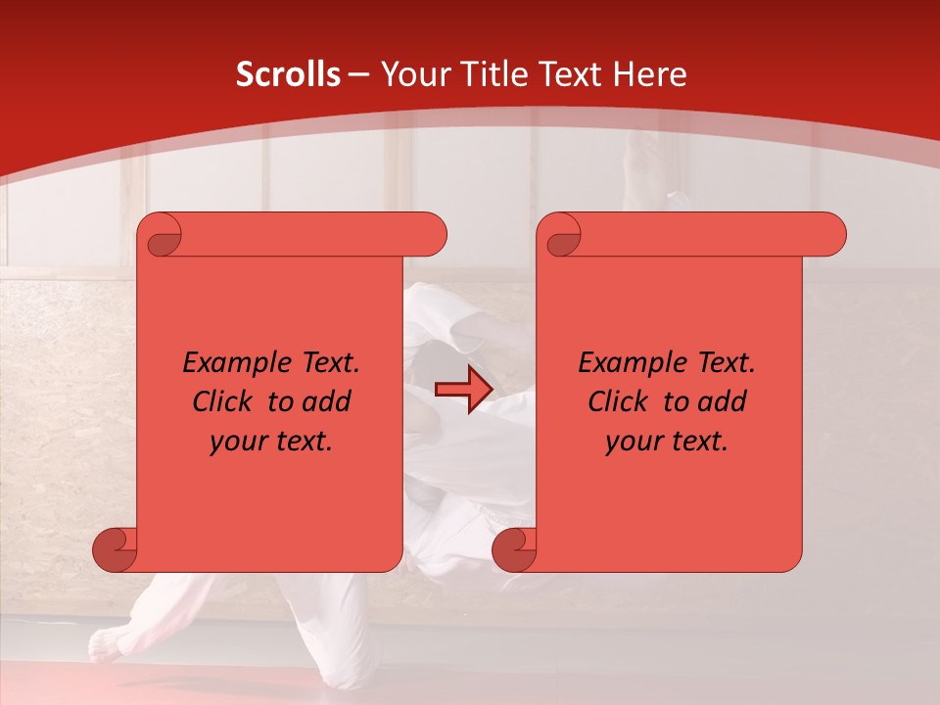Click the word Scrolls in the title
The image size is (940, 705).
click(x=288, y=74)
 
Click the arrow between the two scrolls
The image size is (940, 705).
click(x=463, y=390)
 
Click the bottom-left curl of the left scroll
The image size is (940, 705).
click(x=116, y=549)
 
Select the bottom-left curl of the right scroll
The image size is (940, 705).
click(x=514, y=549)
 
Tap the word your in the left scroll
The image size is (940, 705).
click(x=239, y=442)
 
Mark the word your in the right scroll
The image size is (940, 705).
click(x=634, y=442)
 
